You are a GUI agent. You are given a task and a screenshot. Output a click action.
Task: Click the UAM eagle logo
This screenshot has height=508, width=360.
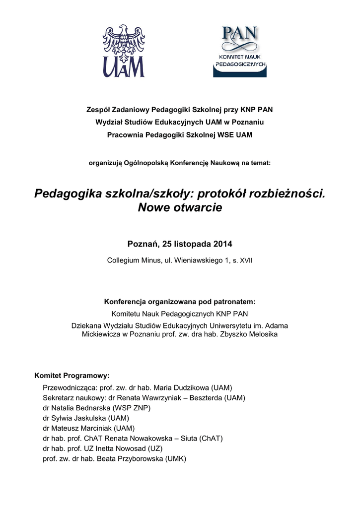pyautogui.click(x=124, y=51)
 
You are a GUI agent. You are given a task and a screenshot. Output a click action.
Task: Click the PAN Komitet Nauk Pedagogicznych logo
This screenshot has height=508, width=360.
pyautogui.click(x=240, y=52)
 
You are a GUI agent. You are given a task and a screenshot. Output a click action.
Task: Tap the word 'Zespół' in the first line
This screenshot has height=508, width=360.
pyautogui.click(x=99, y=110)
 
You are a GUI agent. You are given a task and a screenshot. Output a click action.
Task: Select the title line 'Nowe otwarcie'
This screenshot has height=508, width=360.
pyautogui.click(x=180, y=208)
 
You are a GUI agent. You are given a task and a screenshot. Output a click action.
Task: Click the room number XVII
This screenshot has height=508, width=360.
pyautogui.click(x=246, y=260)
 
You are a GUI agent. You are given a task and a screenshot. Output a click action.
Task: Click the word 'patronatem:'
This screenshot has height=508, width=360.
pyautogui.click(x=233, y=302)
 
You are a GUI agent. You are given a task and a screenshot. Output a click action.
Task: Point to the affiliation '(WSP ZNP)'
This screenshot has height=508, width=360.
pyautogui.click(x=132, y=408)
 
